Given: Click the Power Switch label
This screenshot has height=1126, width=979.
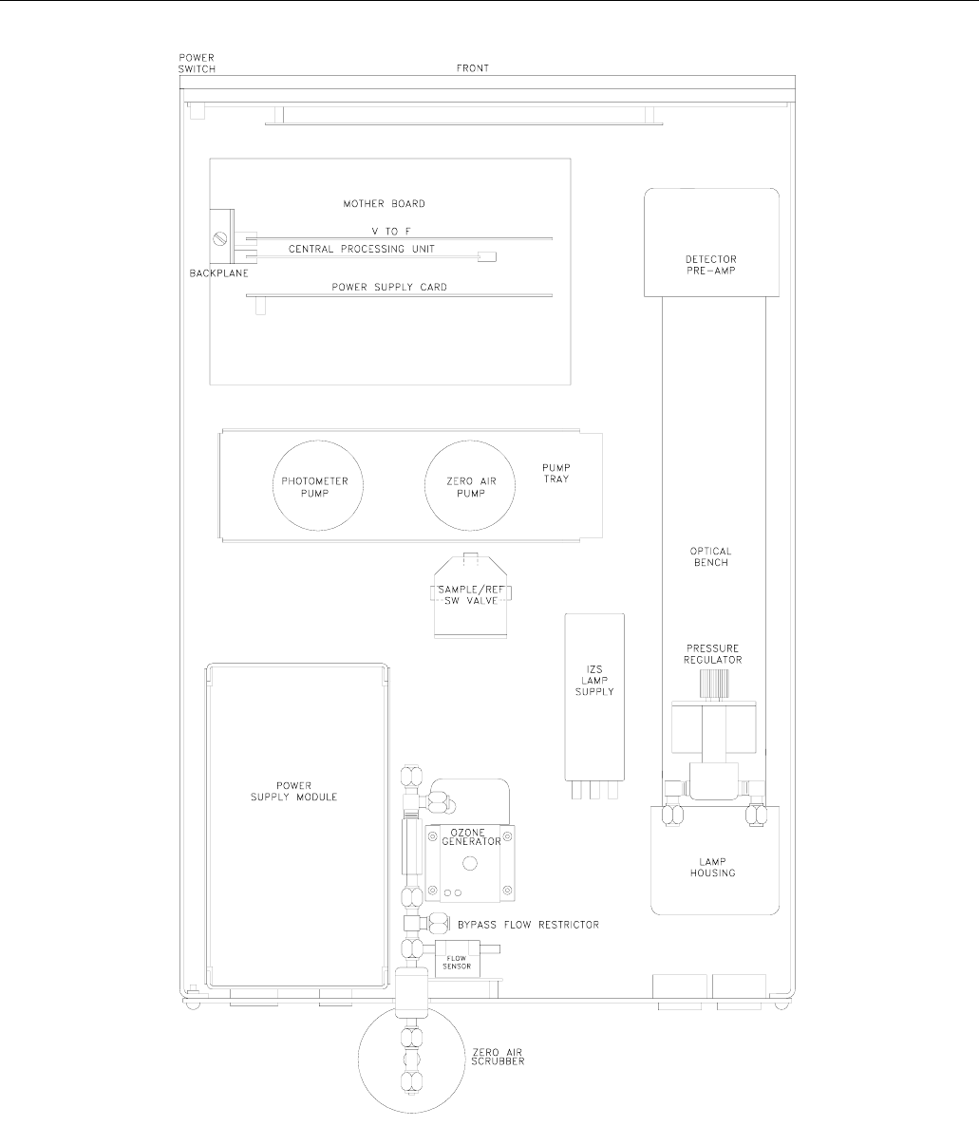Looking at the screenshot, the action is click(197, 64).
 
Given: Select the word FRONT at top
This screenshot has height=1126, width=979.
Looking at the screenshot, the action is click(473, 68).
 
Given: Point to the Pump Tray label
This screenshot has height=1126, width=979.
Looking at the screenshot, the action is click(555, 473).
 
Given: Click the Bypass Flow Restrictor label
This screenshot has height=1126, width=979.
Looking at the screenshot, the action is click(528, 924).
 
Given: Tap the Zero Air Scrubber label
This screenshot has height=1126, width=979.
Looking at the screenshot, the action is click(498, 1057).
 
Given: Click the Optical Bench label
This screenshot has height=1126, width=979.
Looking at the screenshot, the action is click(710, 556).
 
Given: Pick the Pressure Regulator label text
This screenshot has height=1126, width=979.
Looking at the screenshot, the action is click(712, 653).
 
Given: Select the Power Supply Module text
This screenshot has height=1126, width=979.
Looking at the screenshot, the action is click(293, 792).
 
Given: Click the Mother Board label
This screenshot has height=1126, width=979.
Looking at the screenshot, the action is click(385, 204).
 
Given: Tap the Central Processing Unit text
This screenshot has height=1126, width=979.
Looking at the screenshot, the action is click(361, 249).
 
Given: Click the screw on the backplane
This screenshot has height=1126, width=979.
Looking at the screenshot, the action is click(220, 239).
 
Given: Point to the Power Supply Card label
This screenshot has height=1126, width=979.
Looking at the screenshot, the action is click(389, 288).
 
